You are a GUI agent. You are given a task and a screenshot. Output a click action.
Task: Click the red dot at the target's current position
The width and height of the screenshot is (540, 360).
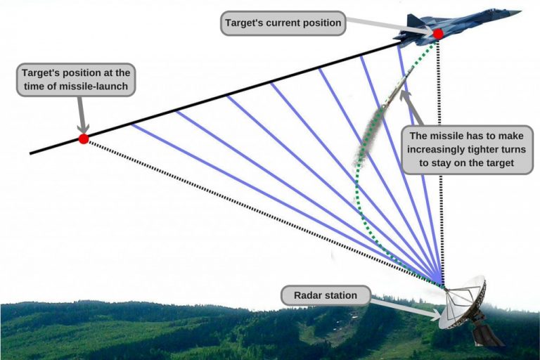438,34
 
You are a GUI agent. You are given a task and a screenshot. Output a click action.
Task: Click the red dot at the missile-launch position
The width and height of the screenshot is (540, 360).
84,139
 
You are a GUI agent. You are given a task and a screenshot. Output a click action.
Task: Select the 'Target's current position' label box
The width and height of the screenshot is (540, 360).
283,23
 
